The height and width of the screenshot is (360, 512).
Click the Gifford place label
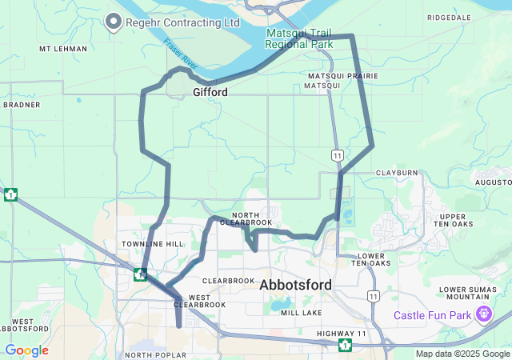tap(210, 93)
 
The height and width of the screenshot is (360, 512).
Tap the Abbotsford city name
tap(302, 284)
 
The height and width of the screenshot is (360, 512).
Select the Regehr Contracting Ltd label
tap(182, 22)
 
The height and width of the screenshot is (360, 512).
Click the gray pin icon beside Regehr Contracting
tap(114, 22)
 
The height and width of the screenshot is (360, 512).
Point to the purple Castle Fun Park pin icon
tap(483, 314)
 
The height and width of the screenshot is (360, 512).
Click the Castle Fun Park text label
tap(433, 316)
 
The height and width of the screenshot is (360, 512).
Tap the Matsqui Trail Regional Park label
tap(299, 38)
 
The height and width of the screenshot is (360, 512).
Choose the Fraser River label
tap(179, 54)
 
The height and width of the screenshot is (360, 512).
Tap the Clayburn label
tap(397, 172)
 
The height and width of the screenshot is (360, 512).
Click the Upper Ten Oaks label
tap(453, 221)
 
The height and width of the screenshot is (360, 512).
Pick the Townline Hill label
tap(152, 243)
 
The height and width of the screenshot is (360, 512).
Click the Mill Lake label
tap(301, 313)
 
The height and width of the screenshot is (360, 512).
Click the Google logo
tap(26, 350)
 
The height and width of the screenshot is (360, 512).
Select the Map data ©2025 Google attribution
tap(462, 354)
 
